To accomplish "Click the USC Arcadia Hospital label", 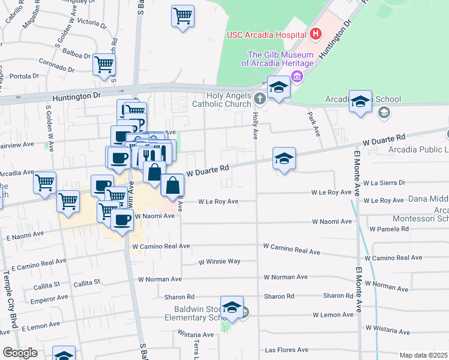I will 266,34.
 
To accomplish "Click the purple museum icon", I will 296,76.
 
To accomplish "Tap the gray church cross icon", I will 259,98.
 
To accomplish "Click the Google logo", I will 20,353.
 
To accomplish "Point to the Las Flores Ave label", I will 287,350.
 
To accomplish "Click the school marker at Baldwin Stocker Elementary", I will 232,307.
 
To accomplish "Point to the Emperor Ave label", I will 49,298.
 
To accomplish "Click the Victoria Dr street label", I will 92,23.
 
